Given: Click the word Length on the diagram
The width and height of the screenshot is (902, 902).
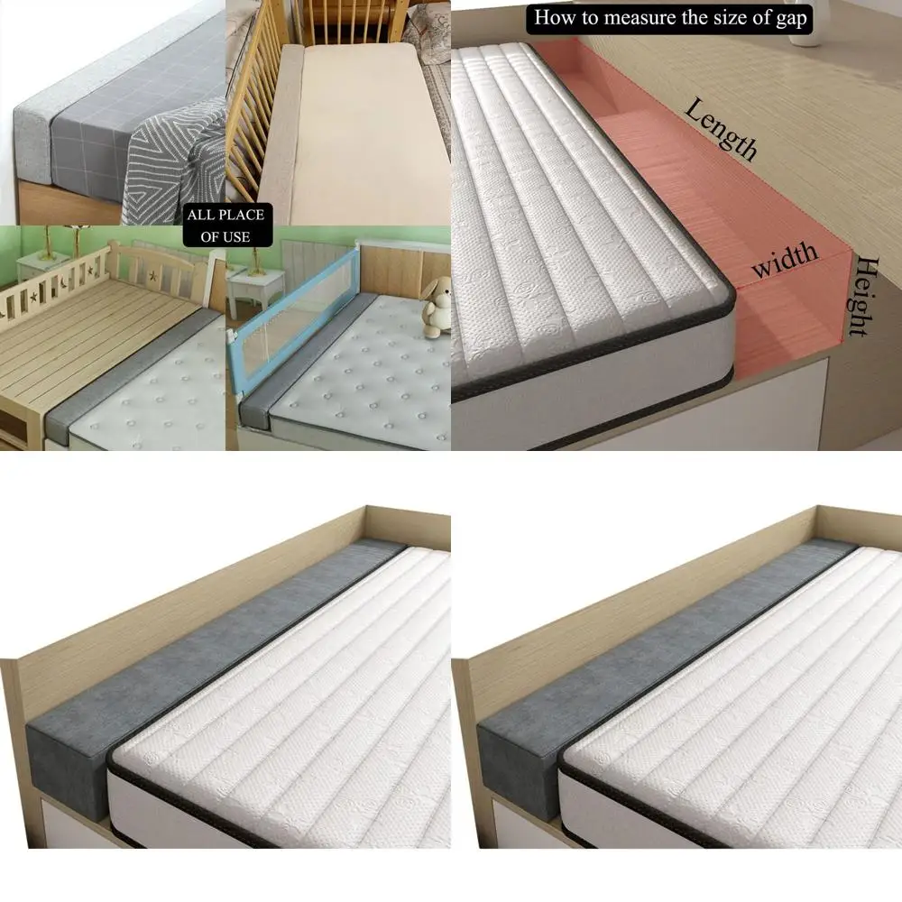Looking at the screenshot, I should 721,130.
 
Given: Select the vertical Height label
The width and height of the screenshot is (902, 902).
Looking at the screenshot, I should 863,296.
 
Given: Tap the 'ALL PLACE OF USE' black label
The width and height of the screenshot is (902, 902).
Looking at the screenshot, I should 225,225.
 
